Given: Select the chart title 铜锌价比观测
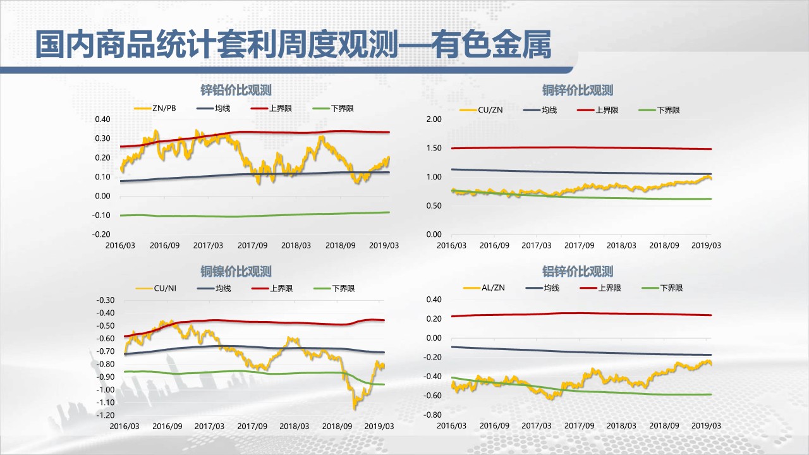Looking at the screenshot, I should coord(578,90).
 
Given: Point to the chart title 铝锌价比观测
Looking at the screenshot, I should coord(578,272).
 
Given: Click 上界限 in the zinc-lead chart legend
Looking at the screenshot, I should coord(279,109).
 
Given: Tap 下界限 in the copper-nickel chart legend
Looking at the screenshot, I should coord(343,289).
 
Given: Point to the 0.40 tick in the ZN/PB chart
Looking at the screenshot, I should coord(102,119).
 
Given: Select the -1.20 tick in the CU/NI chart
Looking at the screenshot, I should coord(106,415).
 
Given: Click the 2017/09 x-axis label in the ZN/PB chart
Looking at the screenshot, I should coord(252,245).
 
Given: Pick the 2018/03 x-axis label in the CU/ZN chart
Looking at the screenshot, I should coord(621,245).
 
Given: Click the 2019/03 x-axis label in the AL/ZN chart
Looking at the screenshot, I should coord(707,426).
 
